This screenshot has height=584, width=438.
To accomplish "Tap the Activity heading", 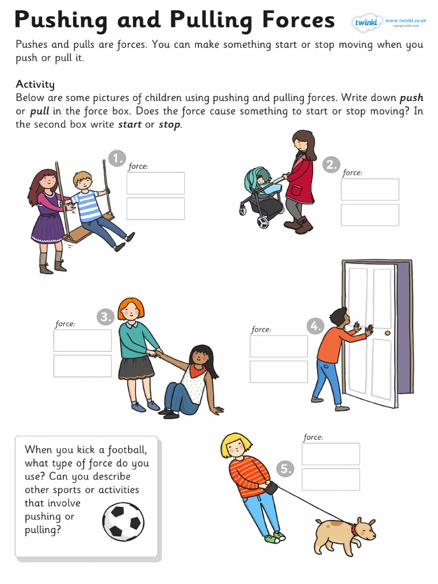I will pyautogui.click(x=35, y=84).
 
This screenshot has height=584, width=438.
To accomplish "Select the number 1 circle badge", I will pyautogui.click(x=116, y=158).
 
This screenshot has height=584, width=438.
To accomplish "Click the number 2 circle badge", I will pyautogui.click(x=331, y=165).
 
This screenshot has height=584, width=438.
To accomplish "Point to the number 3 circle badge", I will pyautogui.click(x=105, y=317).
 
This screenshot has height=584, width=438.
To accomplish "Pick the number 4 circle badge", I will pyautogui.click(x=315, y=326).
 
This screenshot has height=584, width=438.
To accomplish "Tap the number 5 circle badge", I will pyautogui.click(x=285, y=469).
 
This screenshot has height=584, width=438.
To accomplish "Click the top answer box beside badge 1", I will pyautogui.click(x=156, y=183).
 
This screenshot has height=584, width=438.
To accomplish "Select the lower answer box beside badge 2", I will pyautogui.click(x=370, y=215).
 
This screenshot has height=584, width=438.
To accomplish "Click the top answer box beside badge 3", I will pyautogui.click(x=83, y=340).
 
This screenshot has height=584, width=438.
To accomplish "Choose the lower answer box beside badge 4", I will pyautogui.click(x=278, y=372).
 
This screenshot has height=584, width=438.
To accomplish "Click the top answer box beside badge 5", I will pyautogui.click(x=331, y=454).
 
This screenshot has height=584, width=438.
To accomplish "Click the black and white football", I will pyautogui.click(x=123, y=521).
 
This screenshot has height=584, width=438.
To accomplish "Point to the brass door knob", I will pyautogui.click(x=388, y=332).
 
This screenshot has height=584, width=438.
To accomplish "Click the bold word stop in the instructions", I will pyautogui.click(x=169, y=124).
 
